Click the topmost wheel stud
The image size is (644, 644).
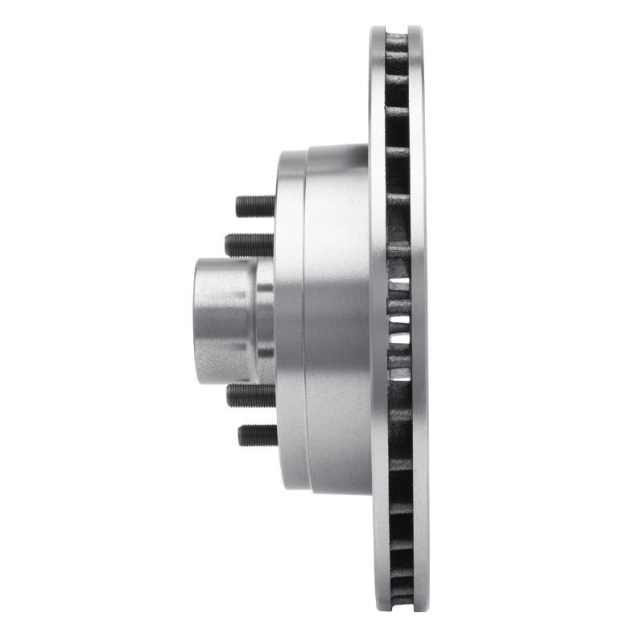pos(256,206)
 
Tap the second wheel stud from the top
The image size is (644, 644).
pos(250,244)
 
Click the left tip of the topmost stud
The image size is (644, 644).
pos(238,206)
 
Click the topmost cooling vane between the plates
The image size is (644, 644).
pos(398,39)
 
